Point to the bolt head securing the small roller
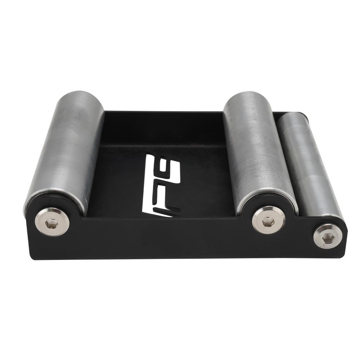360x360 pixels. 328,236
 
